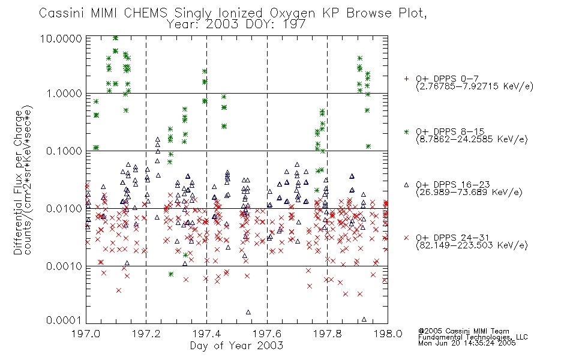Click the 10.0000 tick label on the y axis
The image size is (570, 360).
pyautogui.click(x=61, y=38)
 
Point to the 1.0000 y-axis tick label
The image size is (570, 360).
pyautogui.click(x=64, y=94)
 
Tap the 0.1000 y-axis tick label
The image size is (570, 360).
pyautogui.click(x=64, y=151)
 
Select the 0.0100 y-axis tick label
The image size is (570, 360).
pyautogui.click(x=64, y=209)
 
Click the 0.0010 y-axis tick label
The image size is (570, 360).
pyautogui.click(x=64, y=266)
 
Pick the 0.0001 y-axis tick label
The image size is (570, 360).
pyautogui.click(x=64, y=320)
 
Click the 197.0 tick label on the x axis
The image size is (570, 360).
pyautogui.click(x=86, y=334)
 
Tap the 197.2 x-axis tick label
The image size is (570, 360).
pyautogui.click(x=146, y=334)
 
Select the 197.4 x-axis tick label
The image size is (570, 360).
pyautogui.click(x=206, y=334)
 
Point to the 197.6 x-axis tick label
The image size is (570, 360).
pyautogui.click(x=267, y=334)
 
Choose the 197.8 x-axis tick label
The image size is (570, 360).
pyautogui.click(x=327, y=334)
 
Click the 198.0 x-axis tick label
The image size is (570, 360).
pyautogui.click(x=388, y=334)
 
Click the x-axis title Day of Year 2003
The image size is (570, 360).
pyautogui.click(x=236, y=346)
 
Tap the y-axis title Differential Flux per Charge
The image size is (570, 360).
pyautogui.click(x=18, y=182)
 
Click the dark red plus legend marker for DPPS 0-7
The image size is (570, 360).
pyautogui.click(x=406, y=79)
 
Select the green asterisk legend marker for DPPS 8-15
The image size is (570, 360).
pyautogui.click(x=406, y=131)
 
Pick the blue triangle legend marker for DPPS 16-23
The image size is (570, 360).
pyautogui.click(x=406, y=185)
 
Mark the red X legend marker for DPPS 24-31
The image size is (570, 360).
pyautogui.click(x=406, y=238)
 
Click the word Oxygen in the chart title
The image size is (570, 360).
pyautogui.click(x=293, y=13)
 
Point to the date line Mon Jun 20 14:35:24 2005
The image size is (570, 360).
pyautogui.click(x=467, y=343)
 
